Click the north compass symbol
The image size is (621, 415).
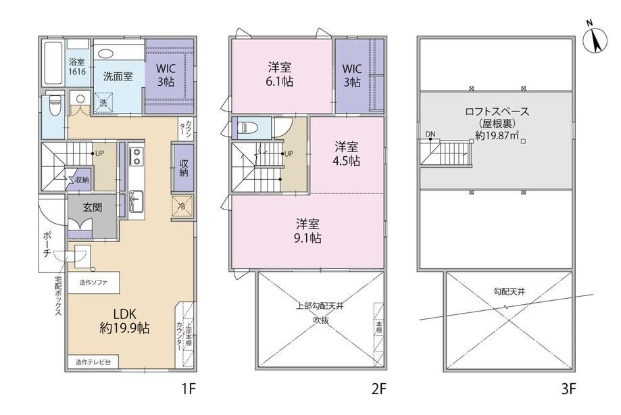click(x=595, y=39)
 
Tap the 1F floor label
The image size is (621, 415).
click(x=189, y=389)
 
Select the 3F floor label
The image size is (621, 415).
click(x=568, y=389)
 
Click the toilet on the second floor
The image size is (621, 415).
click(x=247, y=128)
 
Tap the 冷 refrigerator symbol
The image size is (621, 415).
click(x=182, y=206)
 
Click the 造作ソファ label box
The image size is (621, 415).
click(x=93, y=283)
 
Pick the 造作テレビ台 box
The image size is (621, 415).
click(x=93, y=362)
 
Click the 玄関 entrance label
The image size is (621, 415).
click(x=93, y=207)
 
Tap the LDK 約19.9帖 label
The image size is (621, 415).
click(x=125, y=321)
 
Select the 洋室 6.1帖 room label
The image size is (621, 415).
click(x=280, y=74)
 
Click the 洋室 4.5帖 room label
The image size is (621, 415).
click(x=347, y=153)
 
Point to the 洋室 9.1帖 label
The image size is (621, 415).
click(x=307, y=231)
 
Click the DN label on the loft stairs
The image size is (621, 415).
click(x=430, y=135)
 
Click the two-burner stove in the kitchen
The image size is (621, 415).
click(x=136, y=155)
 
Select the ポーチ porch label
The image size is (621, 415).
click(x=47, y=244)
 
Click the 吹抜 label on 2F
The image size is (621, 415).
click(x=321, y=320)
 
